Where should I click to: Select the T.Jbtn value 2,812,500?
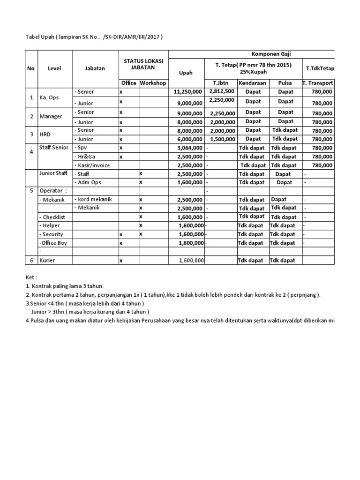click(222, 91)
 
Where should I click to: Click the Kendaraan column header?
click(253, 83)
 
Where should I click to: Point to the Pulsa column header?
click(285, 83)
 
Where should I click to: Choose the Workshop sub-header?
click(153, 83)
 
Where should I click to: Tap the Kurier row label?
click(48, 260)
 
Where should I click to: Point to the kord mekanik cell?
click(92, 200)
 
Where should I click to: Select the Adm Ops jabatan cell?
click(89, 182)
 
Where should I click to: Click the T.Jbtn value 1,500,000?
click(222, 139)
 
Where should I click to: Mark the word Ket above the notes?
click(31, 277)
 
